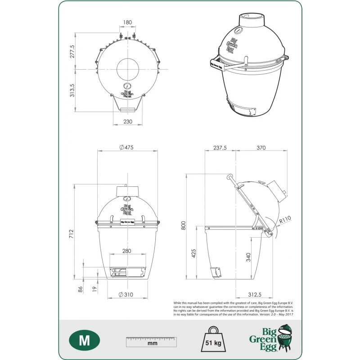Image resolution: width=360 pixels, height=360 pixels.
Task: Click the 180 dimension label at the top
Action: (x=127, y=22)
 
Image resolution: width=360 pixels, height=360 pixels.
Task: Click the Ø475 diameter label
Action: (x=127, y=147)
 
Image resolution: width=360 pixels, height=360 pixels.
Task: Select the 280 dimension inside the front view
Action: (x=127, y=251)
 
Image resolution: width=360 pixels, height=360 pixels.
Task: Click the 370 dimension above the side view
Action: (x=261, y=147)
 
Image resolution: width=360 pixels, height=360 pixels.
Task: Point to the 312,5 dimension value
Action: (x=255, y=294)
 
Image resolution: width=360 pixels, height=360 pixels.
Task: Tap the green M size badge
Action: (x=84, y=340)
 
